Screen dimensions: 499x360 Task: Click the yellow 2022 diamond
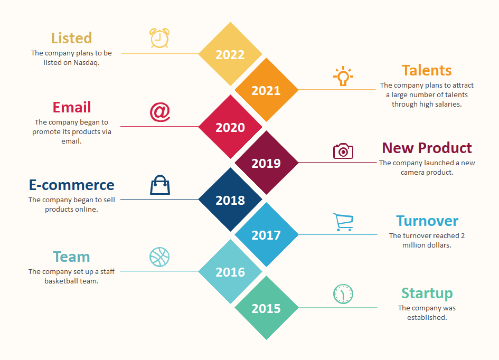pos(230,54)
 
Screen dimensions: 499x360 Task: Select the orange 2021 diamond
pos(266,90)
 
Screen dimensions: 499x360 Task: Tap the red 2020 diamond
pos(230,127)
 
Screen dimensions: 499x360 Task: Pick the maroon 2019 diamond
pos(266,163)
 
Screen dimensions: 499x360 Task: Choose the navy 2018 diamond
pos(230,200)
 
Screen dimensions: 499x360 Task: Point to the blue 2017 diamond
pos(266,235)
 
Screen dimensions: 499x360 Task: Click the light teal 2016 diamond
pos(230,272)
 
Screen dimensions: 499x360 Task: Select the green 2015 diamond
pos(266,308)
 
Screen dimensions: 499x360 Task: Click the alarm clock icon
pos(159,38)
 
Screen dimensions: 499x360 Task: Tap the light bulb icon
pos(343,76)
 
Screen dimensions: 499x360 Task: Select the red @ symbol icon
pos(160,112)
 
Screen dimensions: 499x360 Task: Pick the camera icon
pos(343,151)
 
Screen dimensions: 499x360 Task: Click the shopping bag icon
pos(160,185)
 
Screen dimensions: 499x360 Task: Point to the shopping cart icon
pos(343,222)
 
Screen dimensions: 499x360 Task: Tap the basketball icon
pos(159,257)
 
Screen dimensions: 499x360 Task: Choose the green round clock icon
pos(343,294)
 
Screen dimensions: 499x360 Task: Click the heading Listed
pos(72,38)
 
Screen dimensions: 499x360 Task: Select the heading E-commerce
pos(72,185)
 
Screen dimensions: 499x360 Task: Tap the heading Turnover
pos(427,221)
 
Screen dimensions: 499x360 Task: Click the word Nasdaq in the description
pos(87,63)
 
